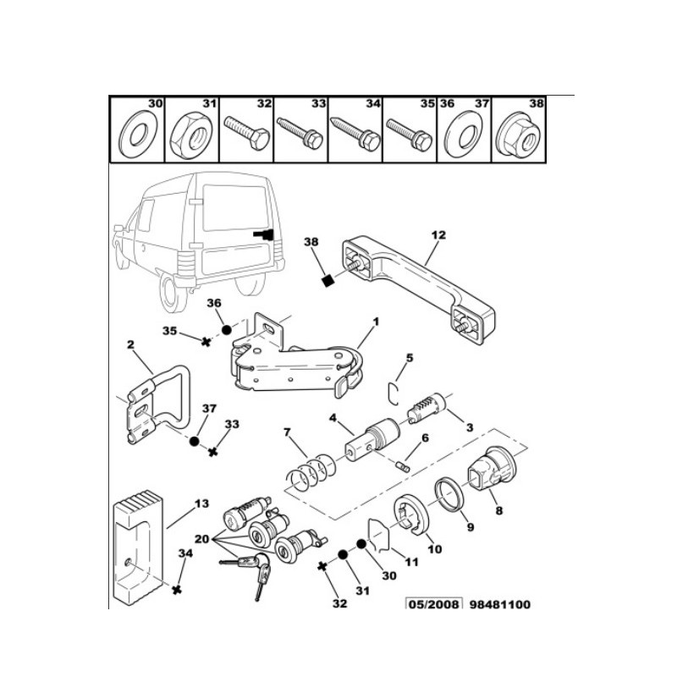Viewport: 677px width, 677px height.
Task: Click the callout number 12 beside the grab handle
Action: click(x=438, y=234)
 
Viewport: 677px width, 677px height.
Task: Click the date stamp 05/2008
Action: click(x=435, y=605)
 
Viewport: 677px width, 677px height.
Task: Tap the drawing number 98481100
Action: click(x=500, y=605)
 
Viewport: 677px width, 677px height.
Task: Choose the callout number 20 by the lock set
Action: click(x=201, y=540)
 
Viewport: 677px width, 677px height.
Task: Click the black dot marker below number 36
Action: click(x=226, y=329)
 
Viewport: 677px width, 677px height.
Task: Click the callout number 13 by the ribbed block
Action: click(x=200, y=504)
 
